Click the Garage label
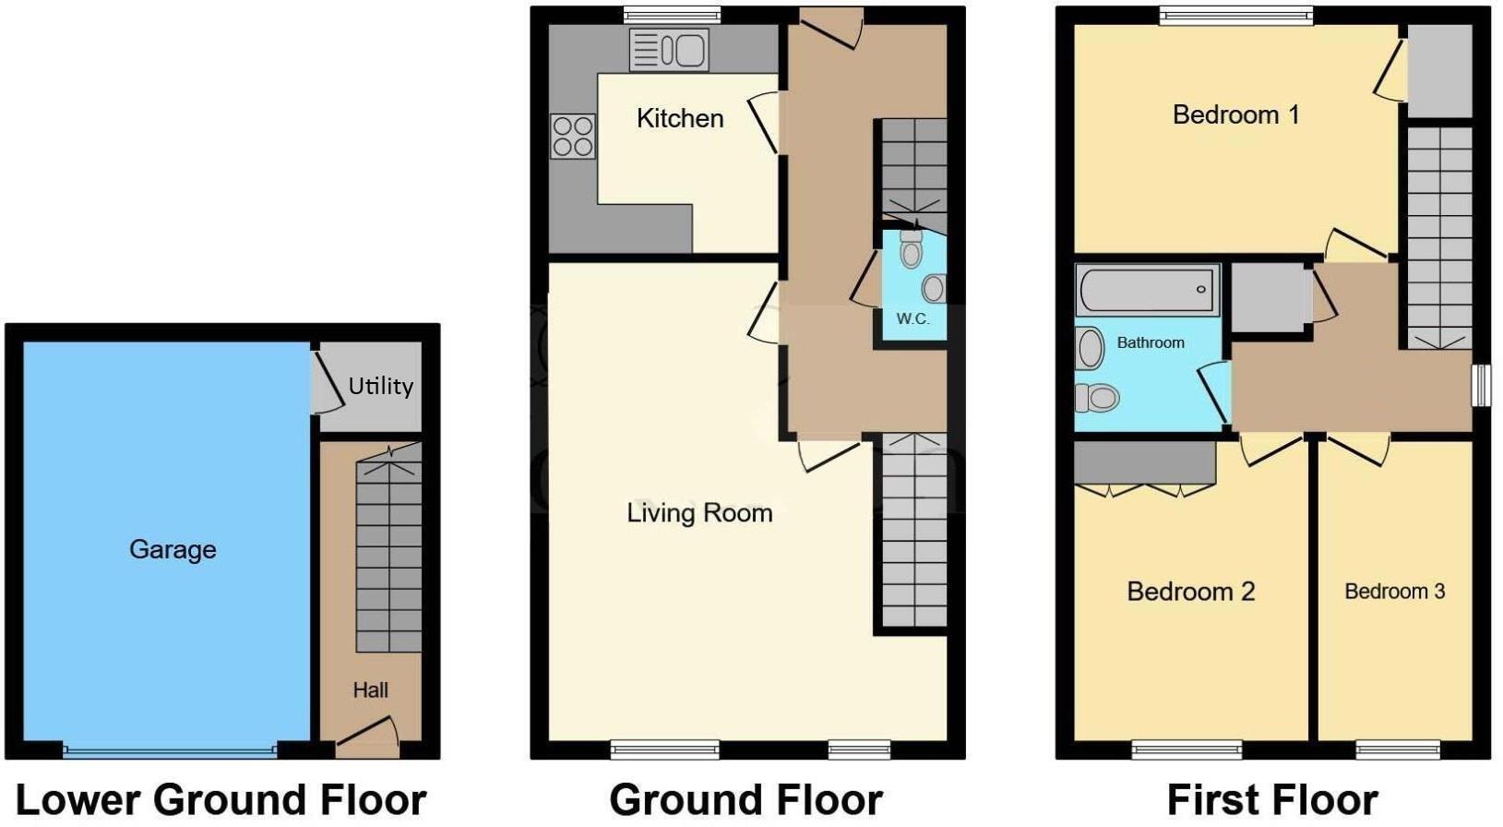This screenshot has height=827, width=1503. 173,549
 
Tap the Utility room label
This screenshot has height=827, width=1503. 380,386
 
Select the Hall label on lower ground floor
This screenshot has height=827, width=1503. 370,689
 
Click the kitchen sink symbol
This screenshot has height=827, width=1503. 669,50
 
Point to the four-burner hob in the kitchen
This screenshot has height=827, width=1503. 572,136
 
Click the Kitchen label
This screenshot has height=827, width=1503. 680,118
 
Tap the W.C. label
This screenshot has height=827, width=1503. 913,318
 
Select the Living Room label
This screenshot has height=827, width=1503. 699,513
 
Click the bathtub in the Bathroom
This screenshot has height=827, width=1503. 1147,290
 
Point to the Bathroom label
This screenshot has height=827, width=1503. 1151,342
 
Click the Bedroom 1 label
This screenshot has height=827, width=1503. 1235,114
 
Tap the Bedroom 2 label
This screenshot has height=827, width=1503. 1190,591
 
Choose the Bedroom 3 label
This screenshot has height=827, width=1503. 1394,591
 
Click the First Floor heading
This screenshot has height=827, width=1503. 1272,799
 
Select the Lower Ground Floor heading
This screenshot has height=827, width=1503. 221,799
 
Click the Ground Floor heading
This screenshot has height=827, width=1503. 746,799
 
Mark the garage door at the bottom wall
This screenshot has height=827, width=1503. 170,750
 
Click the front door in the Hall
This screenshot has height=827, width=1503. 367,736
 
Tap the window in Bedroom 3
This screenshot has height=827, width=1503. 1397,749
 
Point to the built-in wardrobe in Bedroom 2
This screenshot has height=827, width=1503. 1144,462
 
